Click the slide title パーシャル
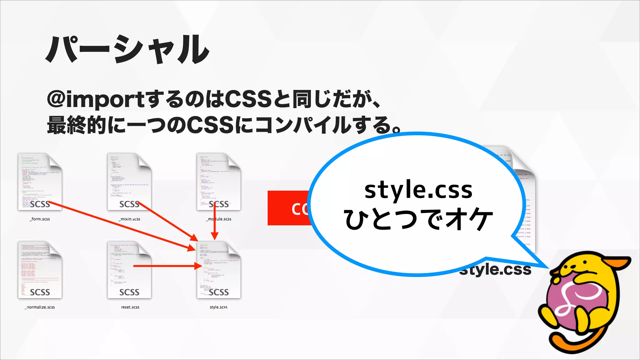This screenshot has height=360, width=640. [127, 50]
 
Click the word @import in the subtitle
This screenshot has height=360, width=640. [95, 99]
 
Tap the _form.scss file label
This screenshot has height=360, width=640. [40, 219]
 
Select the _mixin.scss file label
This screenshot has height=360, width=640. [129, 219]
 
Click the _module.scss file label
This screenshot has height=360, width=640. [219, 219]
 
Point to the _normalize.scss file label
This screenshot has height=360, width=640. [40, 307]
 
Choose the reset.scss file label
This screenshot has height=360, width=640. [130, 307]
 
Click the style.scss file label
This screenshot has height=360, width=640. [218, 307]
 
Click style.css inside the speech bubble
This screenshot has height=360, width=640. [418, 190]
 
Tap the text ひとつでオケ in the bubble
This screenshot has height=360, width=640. [418, 220]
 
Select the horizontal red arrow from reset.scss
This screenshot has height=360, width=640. [166, 266]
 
